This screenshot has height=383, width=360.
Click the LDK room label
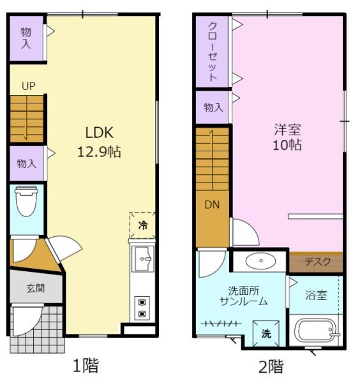point(99,133)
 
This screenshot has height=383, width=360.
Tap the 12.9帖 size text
point(99,152)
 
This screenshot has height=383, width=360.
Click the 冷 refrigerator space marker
point(142,225)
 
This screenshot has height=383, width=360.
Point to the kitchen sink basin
point(143,259)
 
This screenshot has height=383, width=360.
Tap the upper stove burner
point(142,303)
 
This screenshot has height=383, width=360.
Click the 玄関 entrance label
point(36,289)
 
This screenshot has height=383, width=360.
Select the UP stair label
point(29,86)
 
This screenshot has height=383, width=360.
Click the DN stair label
point(212,205)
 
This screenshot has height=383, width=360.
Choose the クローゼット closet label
point(213,52)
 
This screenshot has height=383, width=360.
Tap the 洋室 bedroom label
point(287,130)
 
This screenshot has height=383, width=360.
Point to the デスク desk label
point(317,262)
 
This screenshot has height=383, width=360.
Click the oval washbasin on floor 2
point(260,260)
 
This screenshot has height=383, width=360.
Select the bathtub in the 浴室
point(316,330)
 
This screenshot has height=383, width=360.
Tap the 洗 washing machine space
point(266,333)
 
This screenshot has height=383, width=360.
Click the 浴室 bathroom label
point(316,296)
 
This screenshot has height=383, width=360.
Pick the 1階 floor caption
point(86,365)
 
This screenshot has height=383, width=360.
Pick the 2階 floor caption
point(271,366)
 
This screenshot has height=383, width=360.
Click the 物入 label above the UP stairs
point(26,38)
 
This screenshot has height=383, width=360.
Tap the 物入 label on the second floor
point(213,107)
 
